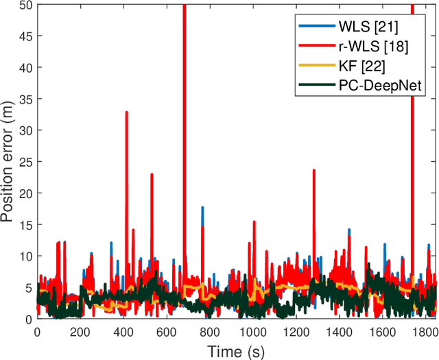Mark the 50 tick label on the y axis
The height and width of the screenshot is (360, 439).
coord(24,5)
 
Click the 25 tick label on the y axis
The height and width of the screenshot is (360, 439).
coord(24,163)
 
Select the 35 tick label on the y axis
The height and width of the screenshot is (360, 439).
coord(24,99)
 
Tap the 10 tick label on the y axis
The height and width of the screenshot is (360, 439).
coord(24,256)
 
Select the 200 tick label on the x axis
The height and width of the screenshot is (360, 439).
coord(80,331)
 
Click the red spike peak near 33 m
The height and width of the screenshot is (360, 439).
coord(126,112)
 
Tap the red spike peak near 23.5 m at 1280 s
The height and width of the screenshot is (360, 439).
coord(313,171)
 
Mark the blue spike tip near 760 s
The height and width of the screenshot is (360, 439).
coord(202,207)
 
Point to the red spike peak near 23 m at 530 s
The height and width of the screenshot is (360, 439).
coord(152,174)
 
